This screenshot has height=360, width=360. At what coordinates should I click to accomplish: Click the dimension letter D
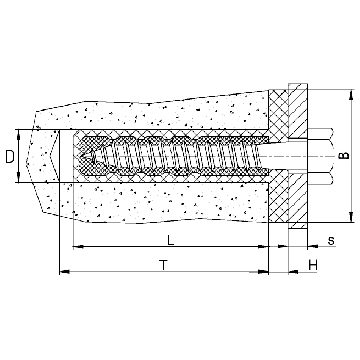pos(10,157)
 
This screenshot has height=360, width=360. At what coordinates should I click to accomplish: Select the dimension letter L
pos(171,240)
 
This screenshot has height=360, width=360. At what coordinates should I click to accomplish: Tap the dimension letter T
pos(163,265)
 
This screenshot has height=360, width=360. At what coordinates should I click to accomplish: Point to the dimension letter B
pos(346,155)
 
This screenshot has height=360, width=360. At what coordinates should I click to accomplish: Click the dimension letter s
pos(331,241)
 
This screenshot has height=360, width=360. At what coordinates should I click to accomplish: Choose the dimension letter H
pos(313,265)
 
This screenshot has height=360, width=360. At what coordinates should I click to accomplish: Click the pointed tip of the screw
pos(86,156)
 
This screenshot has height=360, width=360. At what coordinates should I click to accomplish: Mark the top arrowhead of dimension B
pos(351,94)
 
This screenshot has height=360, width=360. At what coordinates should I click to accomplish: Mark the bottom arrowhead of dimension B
pos(351,217)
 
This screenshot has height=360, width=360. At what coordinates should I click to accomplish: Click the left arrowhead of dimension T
pos(64,272)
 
